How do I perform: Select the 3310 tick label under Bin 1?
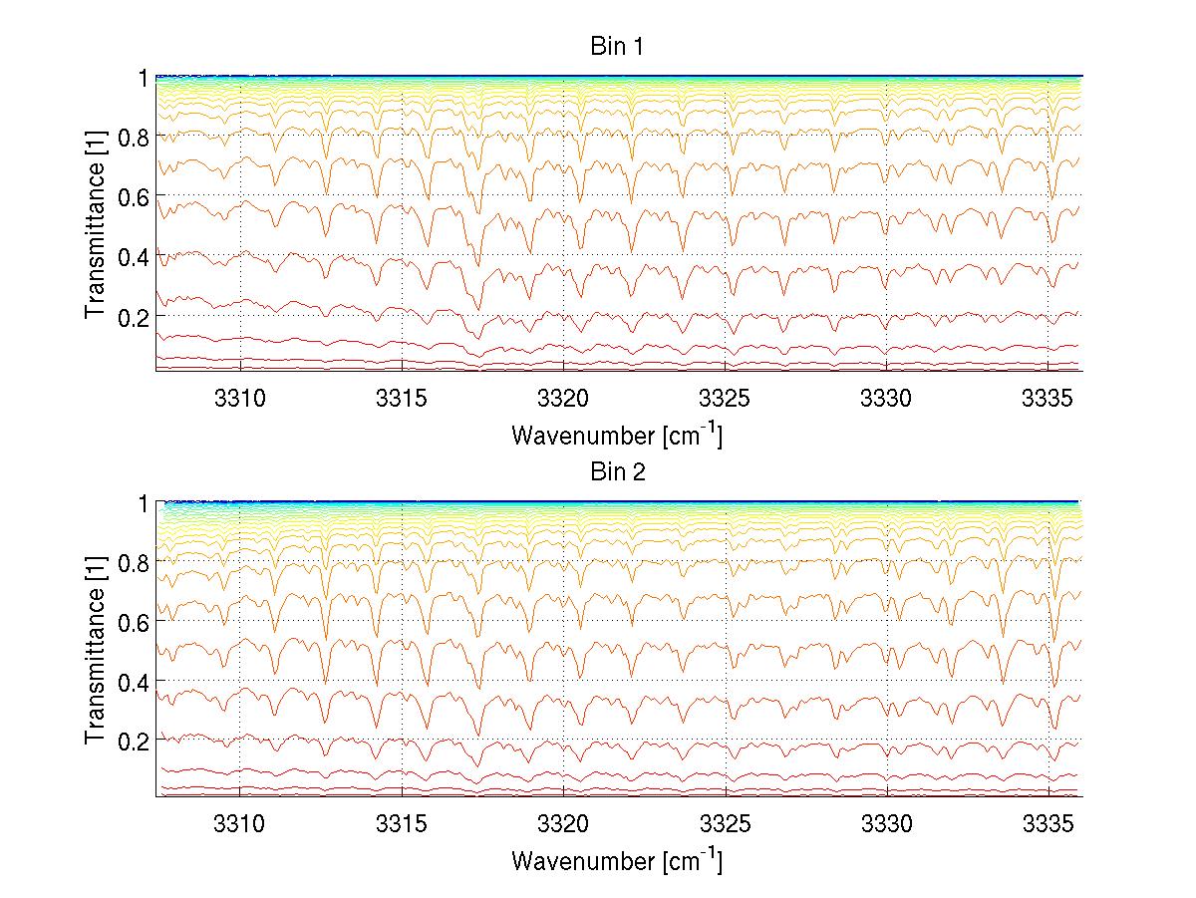pyautogui.click(x=239, y=397)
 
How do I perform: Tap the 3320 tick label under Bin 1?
pyautogui.click(x=563, y=397)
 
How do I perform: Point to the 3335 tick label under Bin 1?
pyautogui.click(x=1048, y=397)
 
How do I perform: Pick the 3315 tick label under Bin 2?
pyautogui.click(x=401, y=822)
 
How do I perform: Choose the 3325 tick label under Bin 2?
pyautogui.click(x=725, y=822)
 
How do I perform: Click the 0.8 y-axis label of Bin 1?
pyautogui.click(x=136, y=137)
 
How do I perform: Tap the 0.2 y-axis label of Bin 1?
pyautogui.click(x=136, y=315)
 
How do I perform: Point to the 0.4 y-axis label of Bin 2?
pyautogui.click(x=136, y=682)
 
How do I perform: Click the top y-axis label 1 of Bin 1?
pyautogui.click(x=144, y=77)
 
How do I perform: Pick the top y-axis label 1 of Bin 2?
pyautogui.click(x=144, y=503)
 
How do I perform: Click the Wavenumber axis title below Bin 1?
pyautogui.click(x=617, y=435)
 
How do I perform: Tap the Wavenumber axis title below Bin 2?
pyautogui.click(x=617, y=860)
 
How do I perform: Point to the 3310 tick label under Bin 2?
pyautogui.click(x=239, y=822)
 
